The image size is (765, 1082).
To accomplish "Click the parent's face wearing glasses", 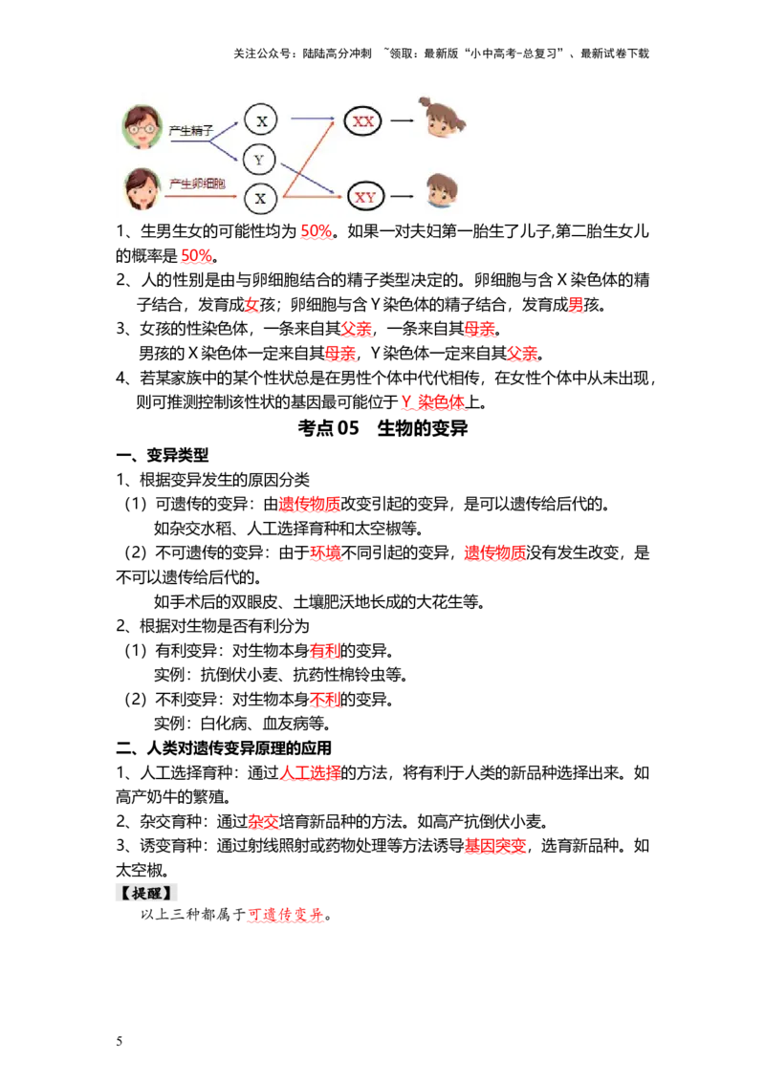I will point(142,127).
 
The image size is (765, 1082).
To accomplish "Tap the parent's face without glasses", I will point(142,189).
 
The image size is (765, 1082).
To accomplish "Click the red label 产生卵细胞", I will point(197,184).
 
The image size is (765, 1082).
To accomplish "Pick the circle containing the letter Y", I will point(259,160).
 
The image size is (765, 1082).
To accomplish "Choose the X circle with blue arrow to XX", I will point(260,120).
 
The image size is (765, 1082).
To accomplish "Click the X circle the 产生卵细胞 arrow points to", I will point(260,199).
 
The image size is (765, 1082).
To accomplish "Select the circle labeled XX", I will point(363,121).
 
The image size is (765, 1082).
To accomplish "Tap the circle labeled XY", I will point(365,198).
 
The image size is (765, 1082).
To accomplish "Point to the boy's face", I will point(441,192).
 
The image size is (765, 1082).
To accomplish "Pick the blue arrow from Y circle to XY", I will point(311,180).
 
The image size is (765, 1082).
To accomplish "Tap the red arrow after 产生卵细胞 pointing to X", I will point(201,198).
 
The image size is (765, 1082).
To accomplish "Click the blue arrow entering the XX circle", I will point(314,119).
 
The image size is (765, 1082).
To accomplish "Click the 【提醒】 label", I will point(148,893).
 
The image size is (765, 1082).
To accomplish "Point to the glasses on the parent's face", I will point(142,128).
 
